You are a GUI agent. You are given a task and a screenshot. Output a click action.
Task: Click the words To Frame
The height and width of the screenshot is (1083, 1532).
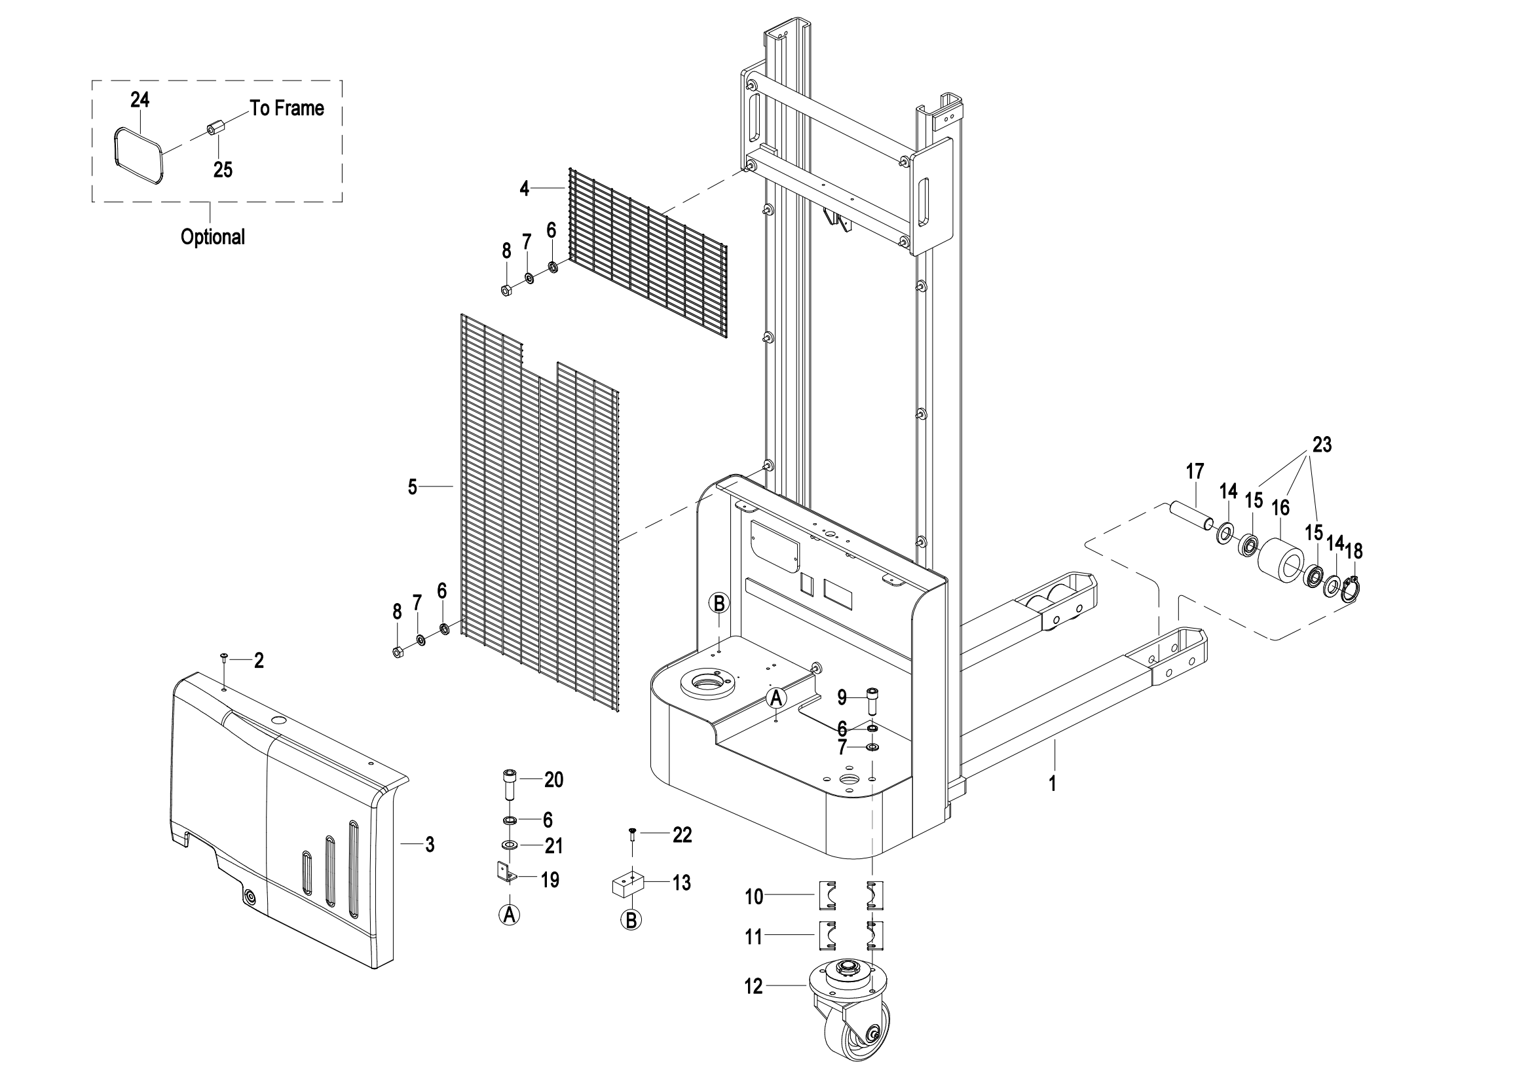coord(287,108)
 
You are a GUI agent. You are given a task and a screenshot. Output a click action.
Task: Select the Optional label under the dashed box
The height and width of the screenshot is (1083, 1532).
coord(213,237)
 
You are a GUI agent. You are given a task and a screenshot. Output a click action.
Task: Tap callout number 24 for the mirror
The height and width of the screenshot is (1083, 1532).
coord(140,100)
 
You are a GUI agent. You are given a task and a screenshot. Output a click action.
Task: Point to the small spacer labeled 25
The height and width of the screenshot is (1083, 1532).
coord(215,128)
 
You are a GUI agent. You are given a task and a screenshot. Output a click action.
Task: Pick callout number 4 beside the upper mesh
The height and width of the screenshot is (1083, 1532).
coord(525,189)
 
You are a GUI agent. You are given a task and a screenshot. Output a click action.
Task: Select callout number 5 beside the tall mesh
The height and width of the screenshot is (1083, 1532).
coord(413,488)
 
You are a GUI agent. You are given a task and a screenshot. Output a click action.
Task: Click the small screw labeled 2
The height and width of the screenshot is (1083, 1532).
coord(224,657)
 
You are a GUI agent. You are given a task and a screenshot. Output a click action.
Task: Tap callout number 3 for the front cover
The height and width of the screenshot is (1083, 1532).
coord(430,845)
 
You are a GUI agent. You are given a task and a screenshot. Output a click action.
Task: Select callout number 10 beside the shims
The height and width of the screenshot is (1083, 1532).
coord(754,897)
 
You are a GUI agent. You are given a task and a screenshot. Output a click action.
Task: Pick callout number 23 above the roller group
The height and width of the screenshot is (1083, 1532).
coord(1322,445)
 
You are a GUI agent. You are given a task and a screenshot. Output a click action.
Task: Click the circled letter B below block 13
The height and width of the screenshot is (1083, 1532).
coord(631,920)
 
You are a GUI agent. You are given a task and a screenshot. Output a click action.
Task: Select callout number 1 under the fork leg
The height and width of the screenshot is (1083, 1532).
coord(1053,784)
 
